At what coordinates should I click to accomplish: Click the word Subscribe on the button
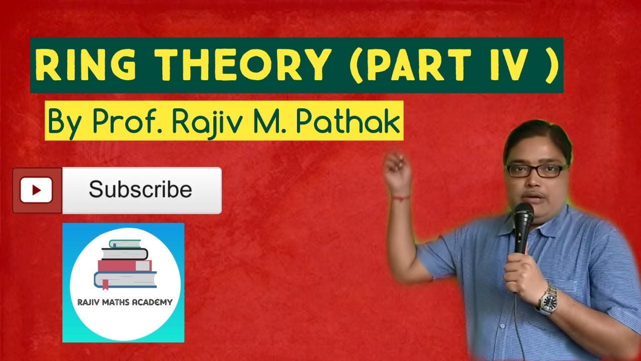point(140,190)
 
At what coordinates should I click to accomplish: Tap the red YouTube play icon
point(37,191)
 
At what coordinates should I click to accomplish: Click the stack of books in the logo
point(125,263)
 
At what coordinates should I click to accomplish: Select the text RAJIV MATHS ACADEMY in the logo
point(125,302)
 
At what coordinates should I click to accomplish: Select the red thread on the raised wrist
point(401,197)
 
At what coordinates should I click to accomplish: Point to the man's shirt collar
point(556,221)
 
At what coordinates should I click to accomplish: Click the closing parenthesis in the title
point(551,66)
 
